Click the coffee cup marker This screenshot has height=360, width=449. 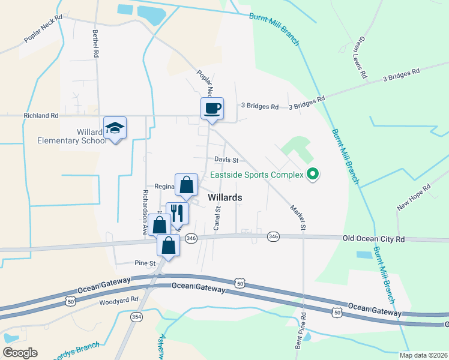212,109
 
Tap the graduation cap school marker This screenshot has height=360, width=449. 115,128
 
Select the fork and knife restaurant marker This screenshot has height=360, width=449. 177,213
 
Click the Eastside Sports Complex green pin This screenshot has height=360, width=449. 312,175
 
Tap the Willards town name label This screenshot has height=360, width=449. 224,197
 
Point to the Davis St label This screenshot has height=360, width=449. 227,160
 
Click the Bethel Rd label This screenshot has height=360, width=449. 95,44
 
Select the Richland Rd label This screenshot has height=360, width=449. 41,115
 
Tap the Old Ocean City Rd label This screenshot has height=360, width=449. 373,239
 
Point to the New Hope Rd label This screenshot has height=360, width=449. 414,197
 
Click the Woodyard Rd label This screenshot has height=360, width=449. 119,300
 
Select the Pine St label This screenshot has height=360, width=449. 145,263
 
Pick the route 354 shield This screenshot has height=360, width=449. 136,316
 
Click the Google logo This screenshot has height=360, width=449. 20,352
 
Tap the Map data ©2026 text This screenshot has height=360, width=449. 423,355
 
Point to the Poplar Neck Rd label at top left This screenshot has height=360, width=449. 43,29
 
